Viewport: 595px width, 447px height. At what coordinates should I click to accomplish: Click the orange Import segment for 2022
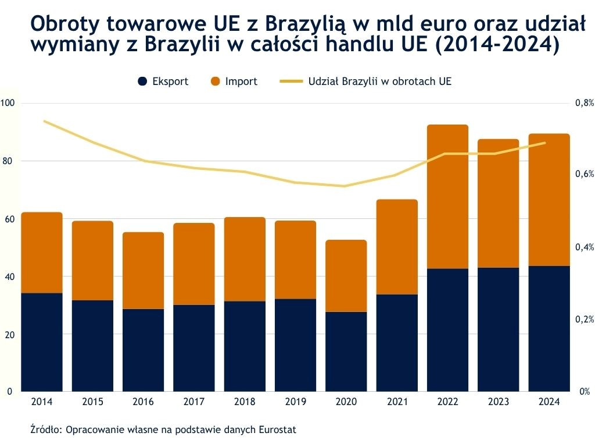pyautogui.click(x=447, y=197)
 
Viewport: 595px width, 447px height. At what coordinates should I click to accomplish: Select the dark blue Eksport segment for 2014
pyautogui.click(x=42, y=342)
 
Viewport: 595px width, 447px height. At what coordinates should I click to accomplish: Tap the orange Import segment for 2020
pyautogui.click(x=346, y=276)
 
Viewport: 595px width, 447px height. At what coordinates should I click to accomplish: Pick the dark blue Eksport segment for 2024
pyautogui.click(x=549, y=329)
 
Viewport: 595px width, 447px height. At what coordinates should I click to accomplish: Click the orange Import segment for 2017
pyautogui.click(x=193, y=264)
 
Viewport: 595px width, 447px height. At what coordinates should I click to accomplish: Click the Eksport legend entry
pyautogui.click(x=163, y=81)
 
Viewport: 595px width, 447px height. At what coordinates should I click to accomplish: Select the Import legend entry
pyautogui.click(x=234, y=81)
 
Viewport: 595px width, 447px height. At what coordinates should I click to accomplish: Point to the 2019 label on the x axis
pyautogui.click(x=295, y=402)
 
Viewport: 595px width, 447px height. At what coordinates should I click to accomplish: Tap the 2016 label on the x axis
pyautogui.click(x=143, y=402)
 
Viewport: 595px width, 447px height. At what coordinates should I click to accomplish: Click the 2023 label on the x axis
pyautogui.click(x=498, y=402)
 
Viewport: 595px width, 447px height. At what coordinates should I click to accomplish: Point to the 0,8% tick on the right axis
pyautogui.click(x=584, y=103)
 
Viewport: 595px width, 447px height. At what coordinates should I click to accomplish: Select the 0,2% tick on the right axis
pyautogui.click(x=584, y=320)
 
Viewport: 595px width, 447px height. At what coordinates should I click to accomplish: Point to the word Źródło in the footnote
pyautogui.click(x=46, y=430)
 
